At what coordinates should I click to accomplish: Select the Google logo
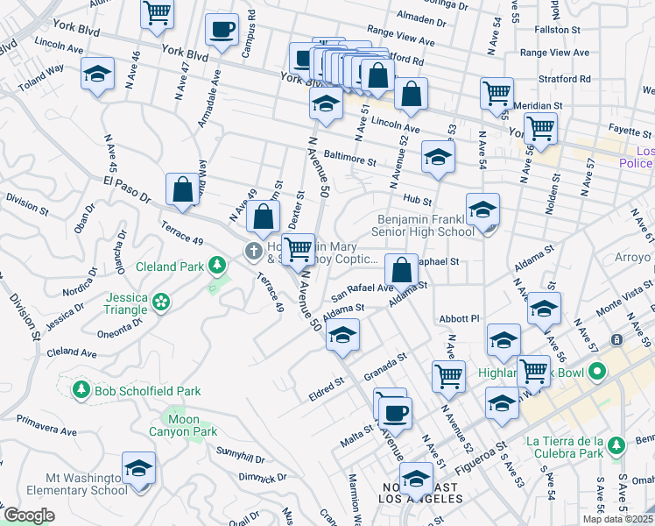[x=29, y=515]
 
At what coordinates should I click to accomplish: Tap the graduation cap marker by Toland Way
[x=97, y=75]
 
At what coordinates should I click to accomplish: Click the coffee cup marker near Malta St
[x=395, y=413]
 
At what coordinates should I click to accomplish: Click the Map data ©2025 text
[x=617, y=519]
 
